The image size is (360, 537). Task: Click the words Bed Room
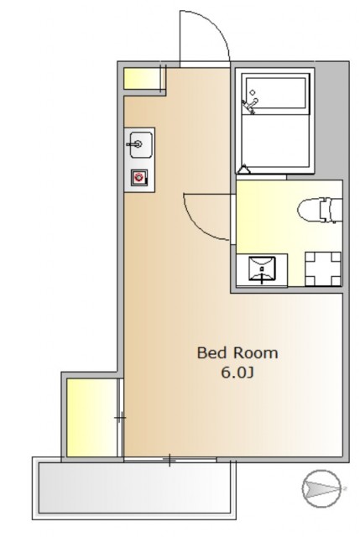click(237, 353)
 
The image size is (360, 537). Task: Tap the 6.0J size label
click(237, 373)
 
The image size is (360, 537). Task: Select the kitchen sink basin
click(141, 144)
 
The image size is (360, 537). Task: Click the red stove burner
click(138, 177)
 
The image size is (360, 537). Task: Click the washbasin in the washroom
click(262, 268)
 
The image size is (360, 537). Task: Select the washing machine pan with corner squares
click(323, 268)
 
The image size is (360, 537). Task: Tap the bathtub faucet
click(250, 106)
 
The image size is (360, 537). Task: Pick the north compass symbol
click(321, 488)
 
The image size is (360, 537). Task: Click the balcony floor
click(134, 487)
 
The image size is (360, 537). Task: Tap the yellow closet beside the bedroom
click(91, 418)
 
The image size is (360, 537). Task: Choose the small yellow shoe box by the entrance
click(142, 78)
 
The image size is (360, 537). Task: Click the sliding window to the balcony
click(170, 460)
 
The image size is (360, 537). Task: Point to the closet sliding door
click(120, 418)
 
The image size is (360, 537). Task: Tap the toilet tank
click(331, 211)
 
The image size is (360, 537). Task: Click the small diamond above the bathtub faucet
click(253, 92)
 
